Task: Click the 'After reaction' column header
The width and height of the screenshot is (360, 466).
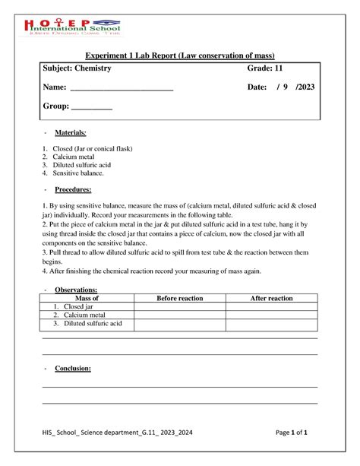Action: [x=271, y=299]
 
